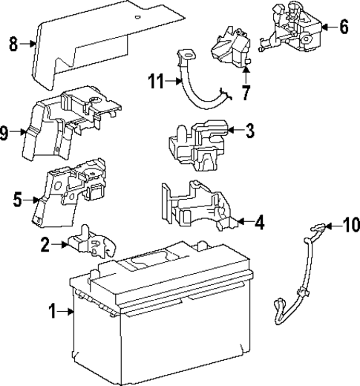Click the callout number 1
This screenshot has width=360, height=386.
53,313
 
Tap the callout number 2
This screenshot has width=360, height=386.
46,244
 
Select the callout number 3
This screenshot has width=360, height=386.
249,131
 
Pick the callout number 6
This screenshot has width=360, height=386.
343,27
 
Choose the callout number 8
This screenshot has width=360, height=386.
13,44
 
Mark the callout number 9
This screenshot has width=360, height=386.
6,134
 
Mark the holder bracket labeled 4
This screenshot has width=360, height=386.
197,208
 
